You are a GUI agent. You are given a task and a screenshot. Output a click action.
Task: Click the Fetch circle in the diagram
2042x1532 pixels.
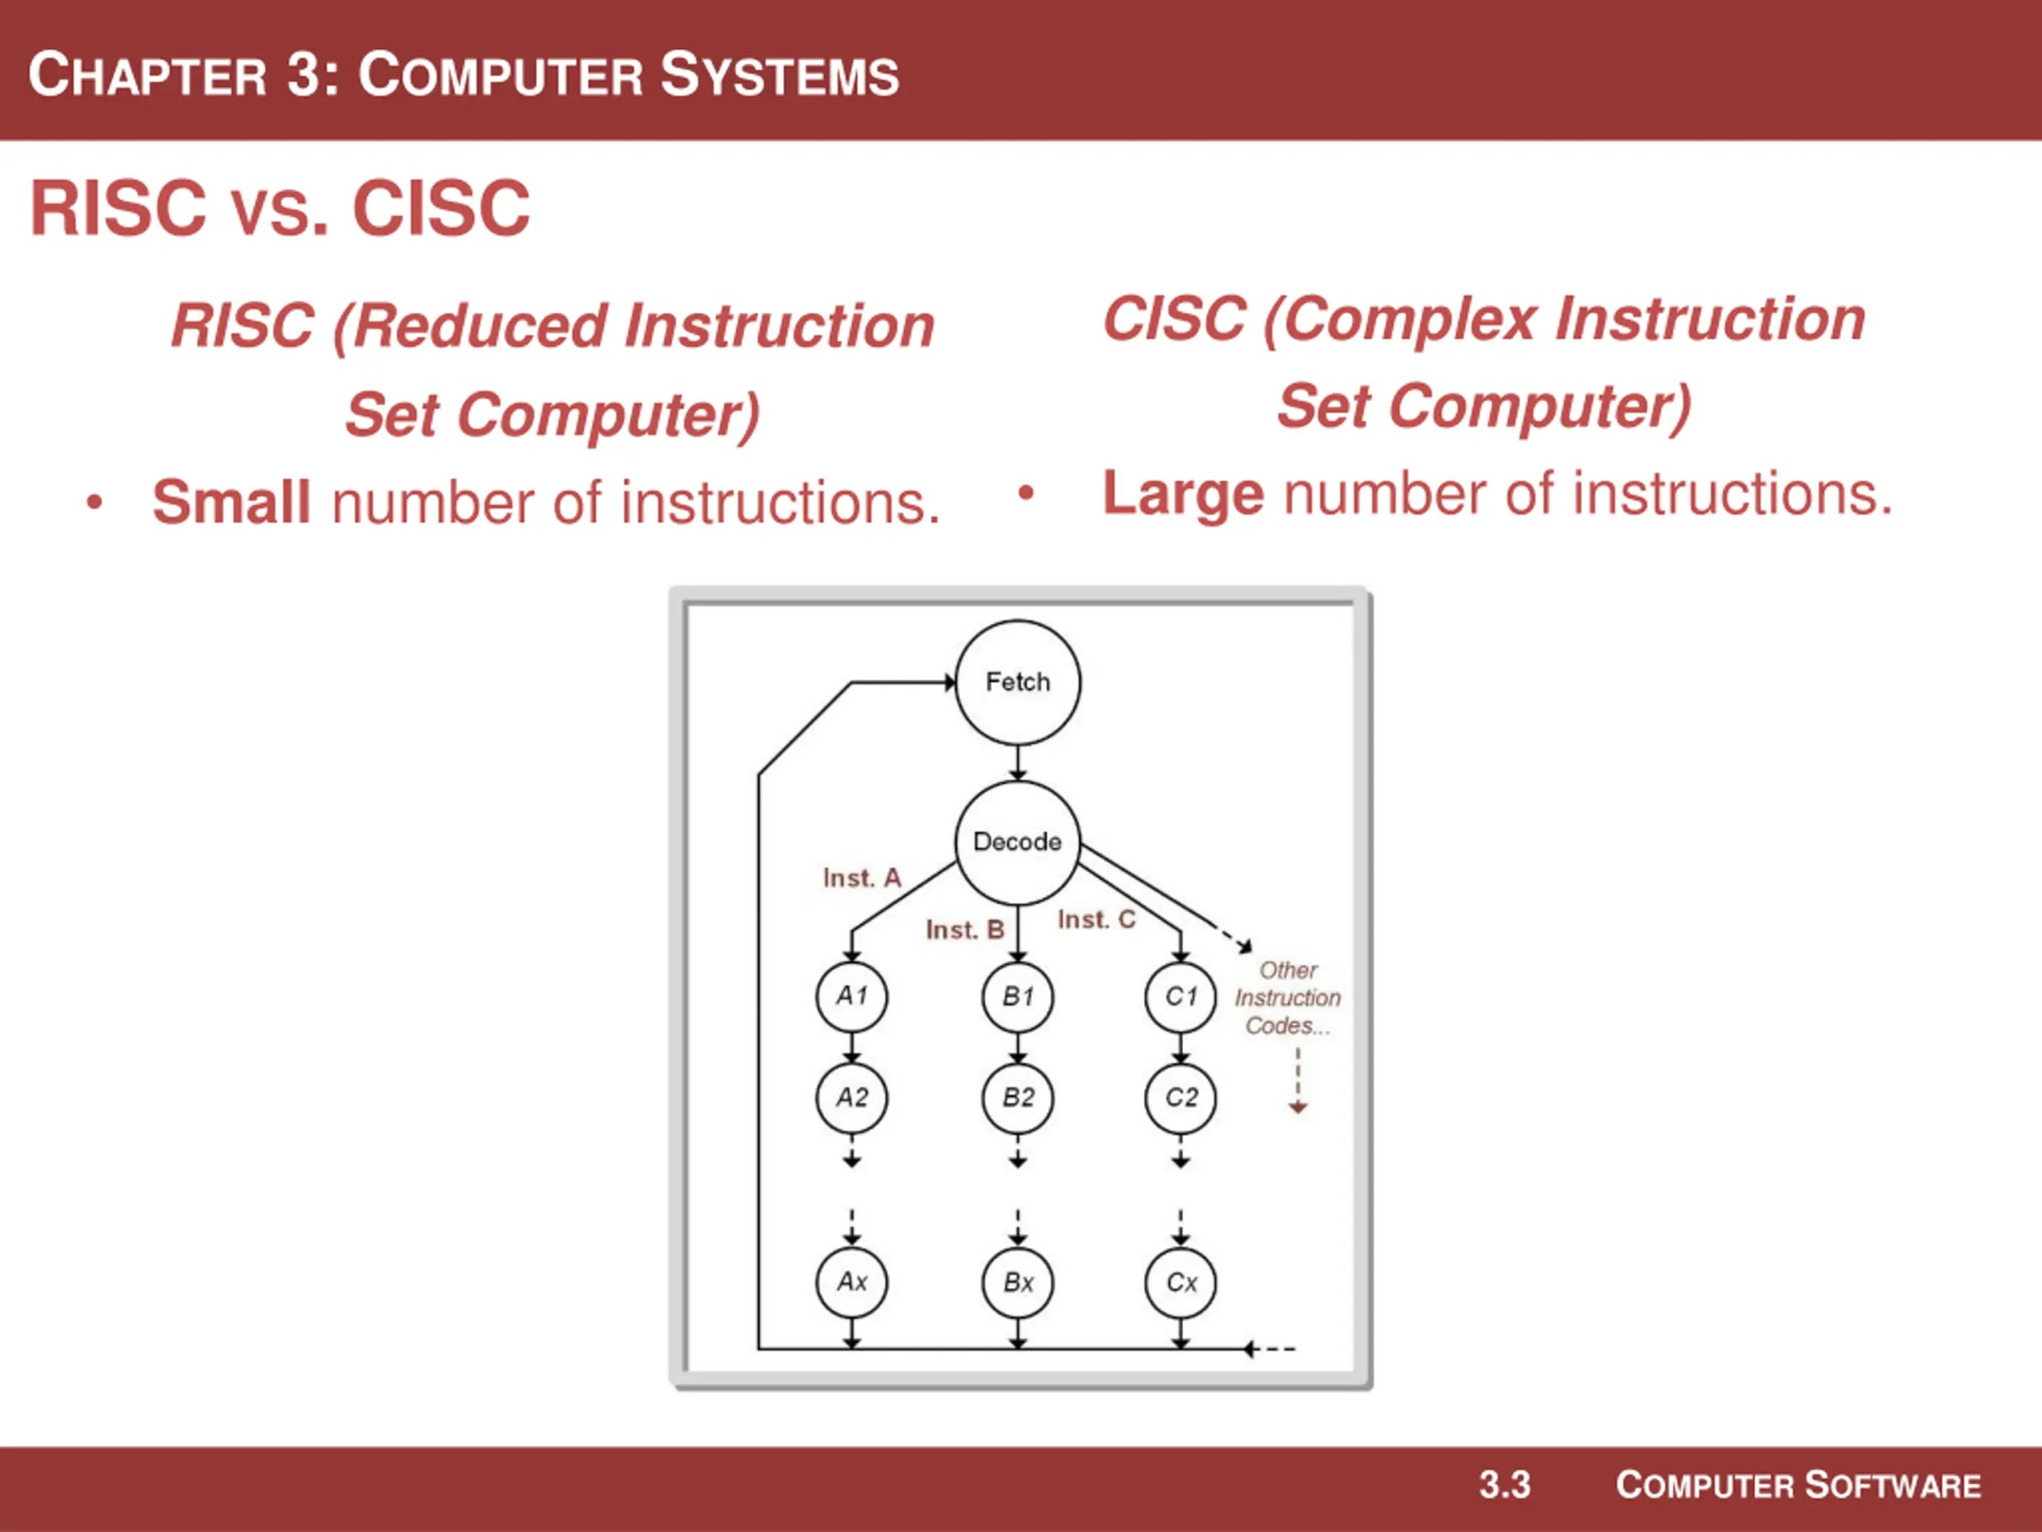coord(1017,682)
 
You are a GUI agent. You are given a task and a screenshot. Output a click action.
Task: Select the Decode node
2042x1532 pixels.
coord(1017,842)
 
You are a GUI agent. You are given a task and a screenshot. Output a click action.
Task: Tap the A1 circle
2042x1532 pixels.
coord(851,997)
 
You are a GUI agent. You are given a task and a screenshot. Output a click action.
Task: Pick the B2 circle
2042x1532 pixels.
coord(1017,1098)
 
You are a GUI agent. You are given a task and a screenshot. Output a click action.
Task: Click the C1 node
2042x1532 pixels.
coord(1181,997)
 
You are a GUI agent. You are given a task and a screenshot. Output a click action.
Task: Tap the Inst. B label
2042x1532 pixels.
coord(964,930)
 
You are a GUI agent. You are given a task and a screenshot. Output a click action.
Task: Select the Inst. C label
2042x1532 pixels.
coord(1097,920)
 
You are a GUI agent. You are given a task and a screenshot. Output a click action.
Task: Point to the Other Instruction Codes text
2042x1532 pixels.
coord(1287,998)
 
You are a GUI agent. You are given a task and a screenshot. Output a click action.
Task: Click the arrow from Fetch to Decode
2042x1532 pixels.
coord(1017,764)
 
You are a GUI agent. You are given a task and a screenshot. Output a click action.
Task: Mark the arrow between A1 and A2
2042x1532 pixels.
coord(851,1047)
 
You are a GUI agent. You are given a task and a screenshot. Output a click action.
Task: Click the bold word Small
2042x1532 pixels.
coord(231,503)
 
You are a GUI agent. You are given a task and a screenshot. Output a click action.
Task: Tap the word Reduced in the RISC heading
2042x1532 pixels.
coord(481,327)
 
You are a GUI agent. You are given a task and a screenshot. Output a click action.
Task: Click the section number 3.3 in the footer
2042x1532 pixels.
coord(1504,1486)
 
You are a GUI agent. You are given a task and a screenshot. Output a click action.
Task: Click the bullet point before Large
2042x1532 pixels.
coord(1026,493)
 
